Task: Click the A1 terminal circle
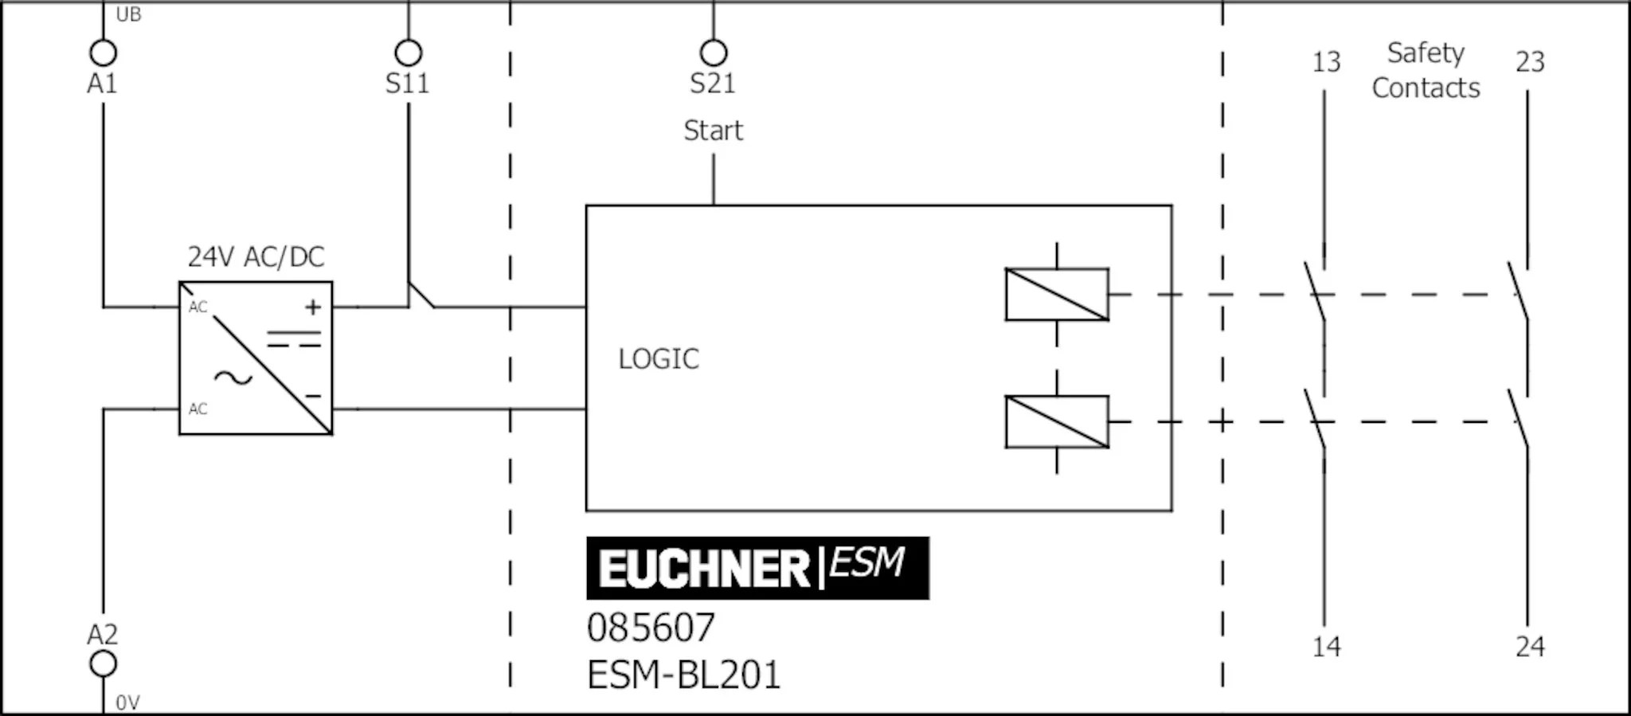tap(103, 53)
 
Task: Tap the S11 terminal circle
tap(408, 53)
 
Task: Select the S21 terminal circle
tap(713, 53)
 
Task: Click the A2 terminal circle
tap(103, 663)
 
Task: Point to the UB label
tap(128, 14)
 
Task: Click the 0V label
tap(127, 702)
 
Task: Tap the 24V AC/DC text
tap(256, 256)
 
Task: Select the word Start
tap(713, 130)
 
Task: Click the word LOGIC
tap(659, 359)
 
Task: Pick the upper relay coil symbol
tap(1057, 295)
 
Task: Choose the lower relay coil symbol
tap(1057, 421)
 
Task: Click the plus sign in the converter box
tap(313, 307)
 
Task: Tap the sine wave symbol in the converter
tap(233, 378)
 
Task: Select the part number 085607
tap(651, 628)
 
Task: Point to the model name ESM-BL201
tap(683, 675)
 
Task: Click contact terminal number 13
tap(1326, 62)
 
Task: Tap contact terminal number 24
tap(1529, 647)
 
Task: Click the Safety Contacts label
tap(1426, 70)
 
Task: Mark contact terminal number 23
tap(1529, 62)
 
